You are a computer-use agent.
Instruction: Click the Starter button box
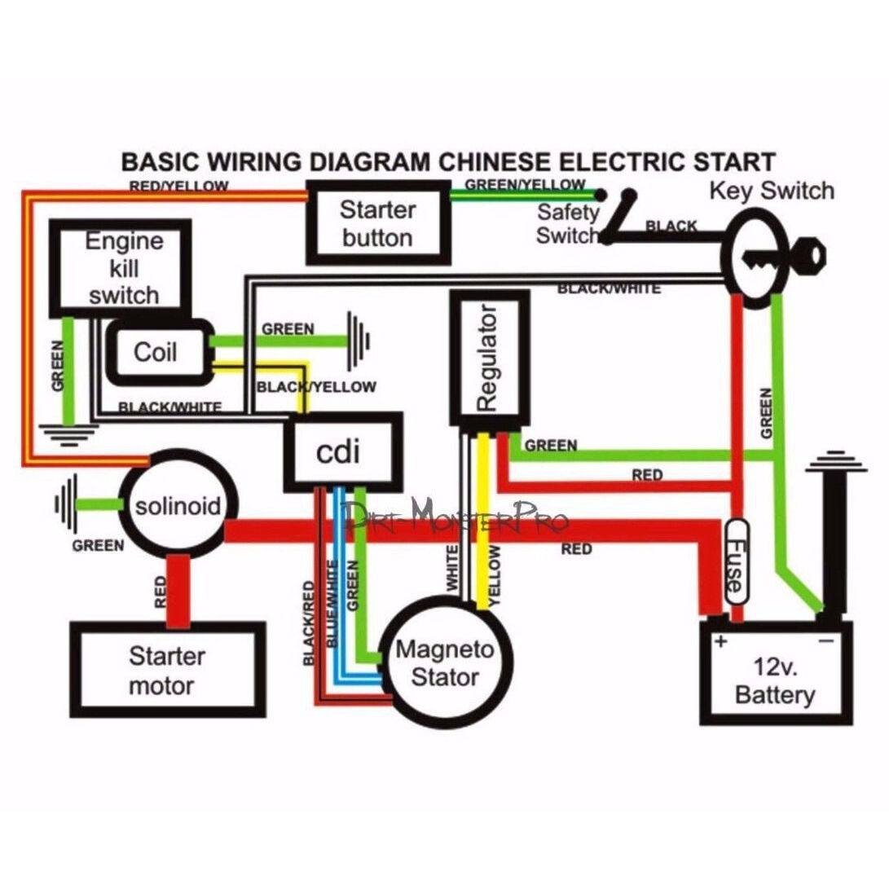tap(376, 223)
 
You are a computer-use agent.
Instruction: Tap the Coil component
tap(156, 352)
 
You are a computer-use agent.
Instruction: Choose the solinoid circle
tap(178, 506)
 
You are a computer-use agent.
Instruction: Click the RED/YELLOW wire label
tap(178, 187)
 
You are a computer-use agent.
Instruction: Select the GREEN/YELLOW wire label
tap(525, 184)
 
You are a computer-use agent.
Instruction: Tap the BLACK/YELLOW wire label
tap(316, 386)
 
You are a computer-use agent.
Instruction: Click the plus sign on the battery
tap(720, 640)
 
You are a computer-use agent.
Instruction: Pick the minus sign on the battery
tap(825, 640)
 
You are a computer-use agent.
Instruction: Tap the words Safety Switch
tap(568, 224)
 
